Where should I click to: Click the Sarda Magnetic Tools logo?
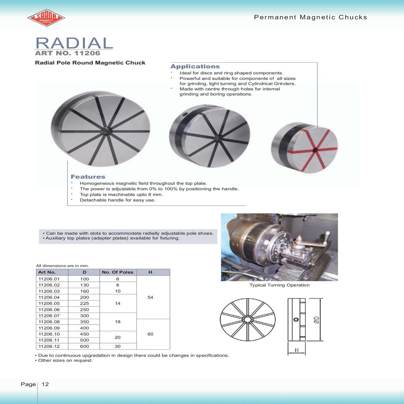46,18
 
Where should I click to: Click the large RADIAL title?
74,43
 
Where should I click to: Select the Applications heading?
195,66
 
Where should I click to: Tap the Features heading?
88,177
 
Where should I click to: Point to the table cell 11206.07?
48,316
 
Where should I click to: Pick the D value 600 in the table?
84,346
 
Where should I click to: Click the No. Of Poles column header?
118,272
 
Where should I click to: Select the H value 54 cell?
150,297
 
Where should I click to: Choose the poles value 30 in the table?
118,346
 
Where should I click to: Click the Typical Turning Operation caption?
280,285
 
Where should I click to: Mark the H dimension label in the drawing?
297,351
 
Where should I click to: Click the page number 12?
45,384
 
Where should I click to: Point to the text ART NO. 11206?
67,53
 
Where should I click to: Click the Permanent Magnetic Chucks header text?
310,17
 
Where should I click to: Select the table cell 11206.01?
48,279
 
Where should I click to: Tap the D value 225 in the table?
84,303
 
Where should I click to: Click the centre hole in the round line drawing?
246,320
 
